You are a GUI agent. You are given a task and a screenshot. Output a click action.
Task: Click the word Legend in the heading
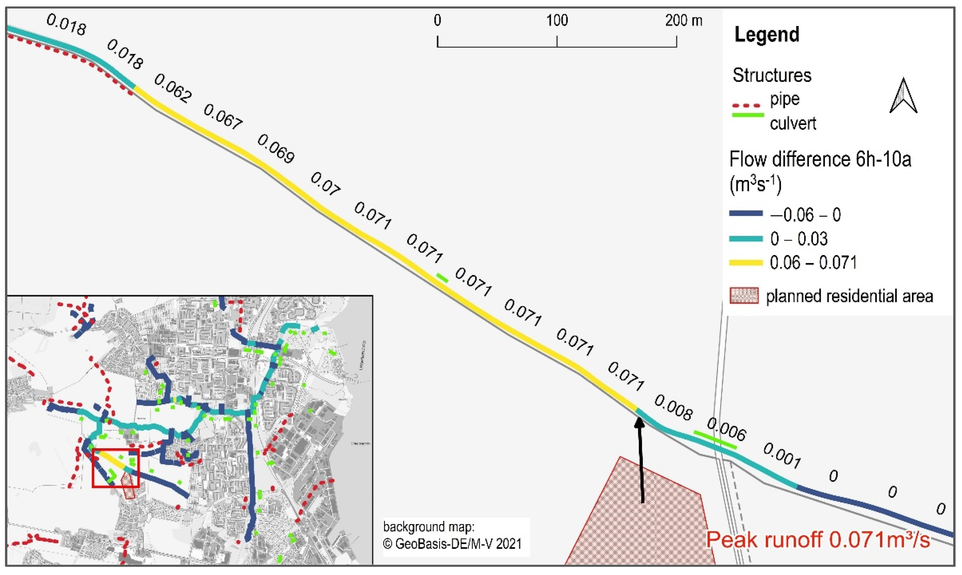(767, 35)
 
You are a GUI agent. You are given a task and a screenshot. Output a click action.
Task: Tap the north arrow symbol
(903, 96)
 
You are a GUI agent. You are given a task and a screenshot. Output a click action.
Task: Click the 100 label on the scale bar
(557, 20)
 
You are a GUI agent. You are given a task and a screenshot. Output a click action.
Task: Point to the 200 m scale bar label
(684, 20)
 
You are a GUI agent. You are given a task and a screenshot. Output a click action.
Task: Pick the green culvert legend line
(748, 115)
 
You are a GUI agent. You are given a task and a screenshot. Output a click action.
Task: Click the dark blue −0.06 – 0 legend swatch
(746, 213)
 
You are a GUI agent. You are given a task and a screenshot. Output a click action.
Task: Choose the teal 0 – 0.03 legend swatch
(746, 239)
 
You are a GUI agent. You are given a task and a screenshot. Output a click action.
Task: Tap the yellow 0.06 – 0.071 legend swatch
(746, 263)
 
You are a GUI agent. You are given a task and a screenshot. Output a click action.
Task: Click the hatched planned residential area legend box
(744, 296)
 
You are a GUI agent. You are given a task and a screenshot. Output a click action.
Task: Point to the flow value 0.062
(173, 89)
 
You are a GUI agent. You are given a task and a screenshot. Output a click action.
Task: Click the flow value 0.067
(223, 116)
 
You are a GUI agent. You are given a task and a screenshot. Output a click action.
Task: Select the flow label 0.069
(276, 148)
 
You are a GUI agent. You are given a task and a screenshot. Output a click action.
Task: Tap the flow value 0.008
(673, 408)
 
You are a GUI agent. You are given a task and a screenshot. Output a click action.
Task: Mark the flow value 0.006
(726, 429)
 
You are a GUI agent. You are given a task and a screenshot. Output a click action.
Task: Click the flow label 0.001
(782, 455)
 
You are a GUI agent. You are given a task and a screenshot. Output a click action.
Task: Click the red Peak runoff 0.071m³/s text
(818, 539)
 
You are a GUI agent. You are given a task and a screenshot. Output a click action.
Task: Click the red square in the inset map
(115, 468)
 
